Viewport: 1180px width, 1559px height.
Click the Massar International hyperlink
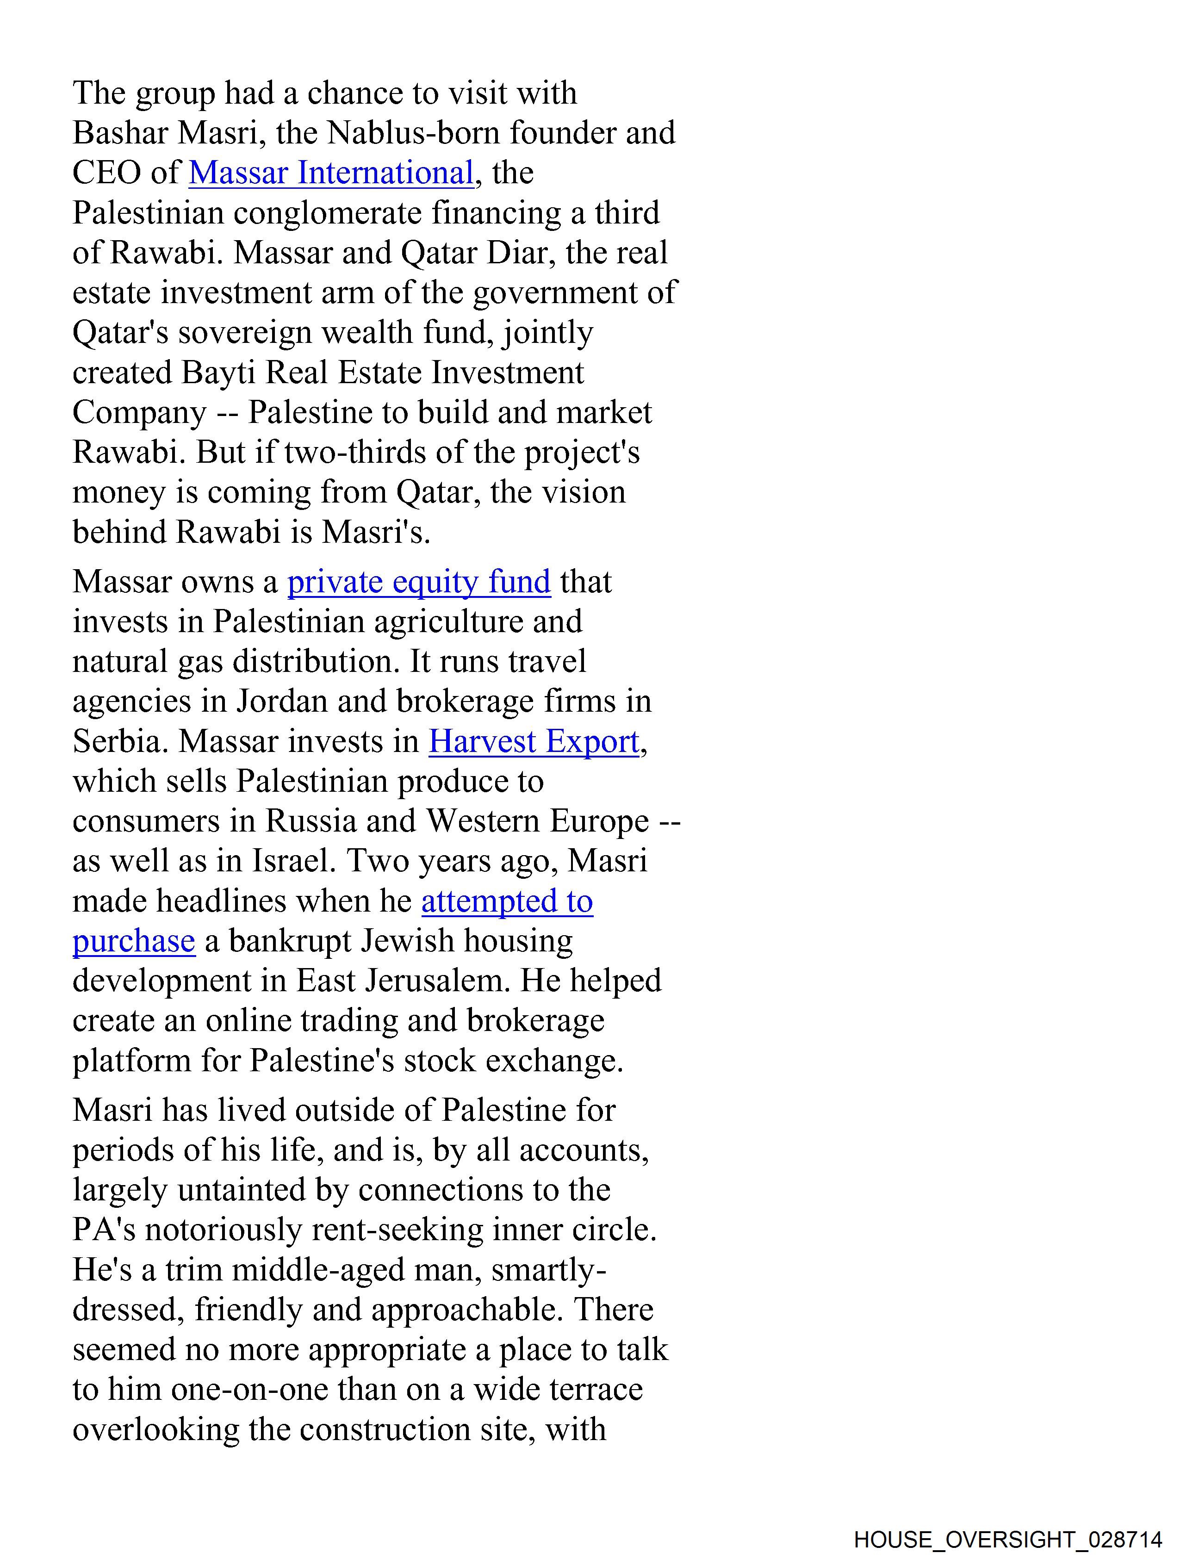tap(330, 173)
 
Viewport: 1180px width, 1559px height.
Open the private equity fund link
tap(419, 582)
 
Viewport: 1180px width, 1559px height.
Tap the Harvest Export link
tap(534, 741)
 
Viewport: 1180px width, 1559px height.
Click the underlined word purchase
tap(133, 941)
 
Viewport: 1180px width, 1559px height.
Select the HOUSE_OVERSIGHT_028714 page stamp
tap(1007, 1539)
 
